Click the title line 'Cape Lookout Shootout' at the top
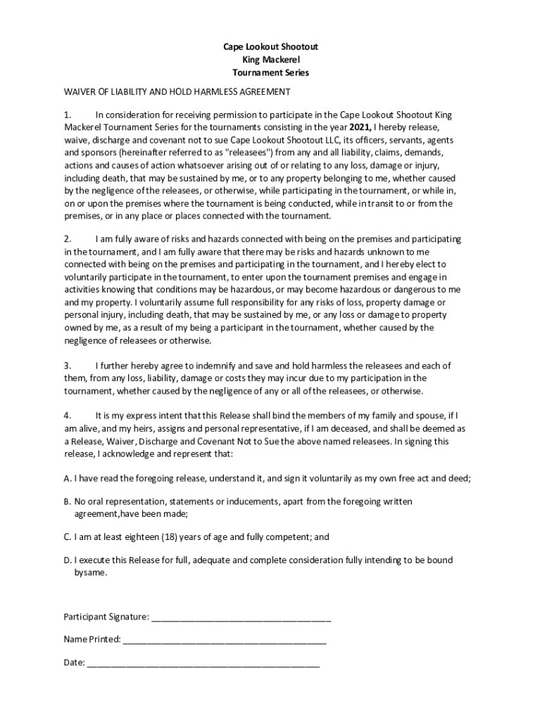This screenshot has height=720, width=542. [271, 46]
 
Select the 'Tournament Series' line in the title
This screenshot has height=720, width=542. [271, 72]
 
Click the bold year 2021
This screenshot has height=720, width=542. [360, 127]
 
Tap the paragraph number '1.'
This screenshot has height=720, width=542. [68, 114]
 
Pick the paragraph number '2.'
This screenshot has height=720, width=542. [68, 239]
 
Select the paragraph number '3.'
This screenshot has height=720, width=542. [68, 366]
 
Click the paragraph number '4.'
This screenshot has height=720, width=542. [68, 416]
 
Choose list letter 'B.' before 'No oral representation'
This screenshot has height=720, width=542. [68, 501]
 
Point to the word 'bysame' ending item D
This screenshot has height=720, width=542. [91, 573]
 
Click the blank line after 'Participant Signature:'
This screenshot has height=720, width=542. [241, 617]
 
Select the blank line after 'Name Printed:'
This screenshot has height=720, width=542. [224, 640]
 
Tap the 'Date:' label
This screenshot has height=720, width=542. [74, 662]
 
